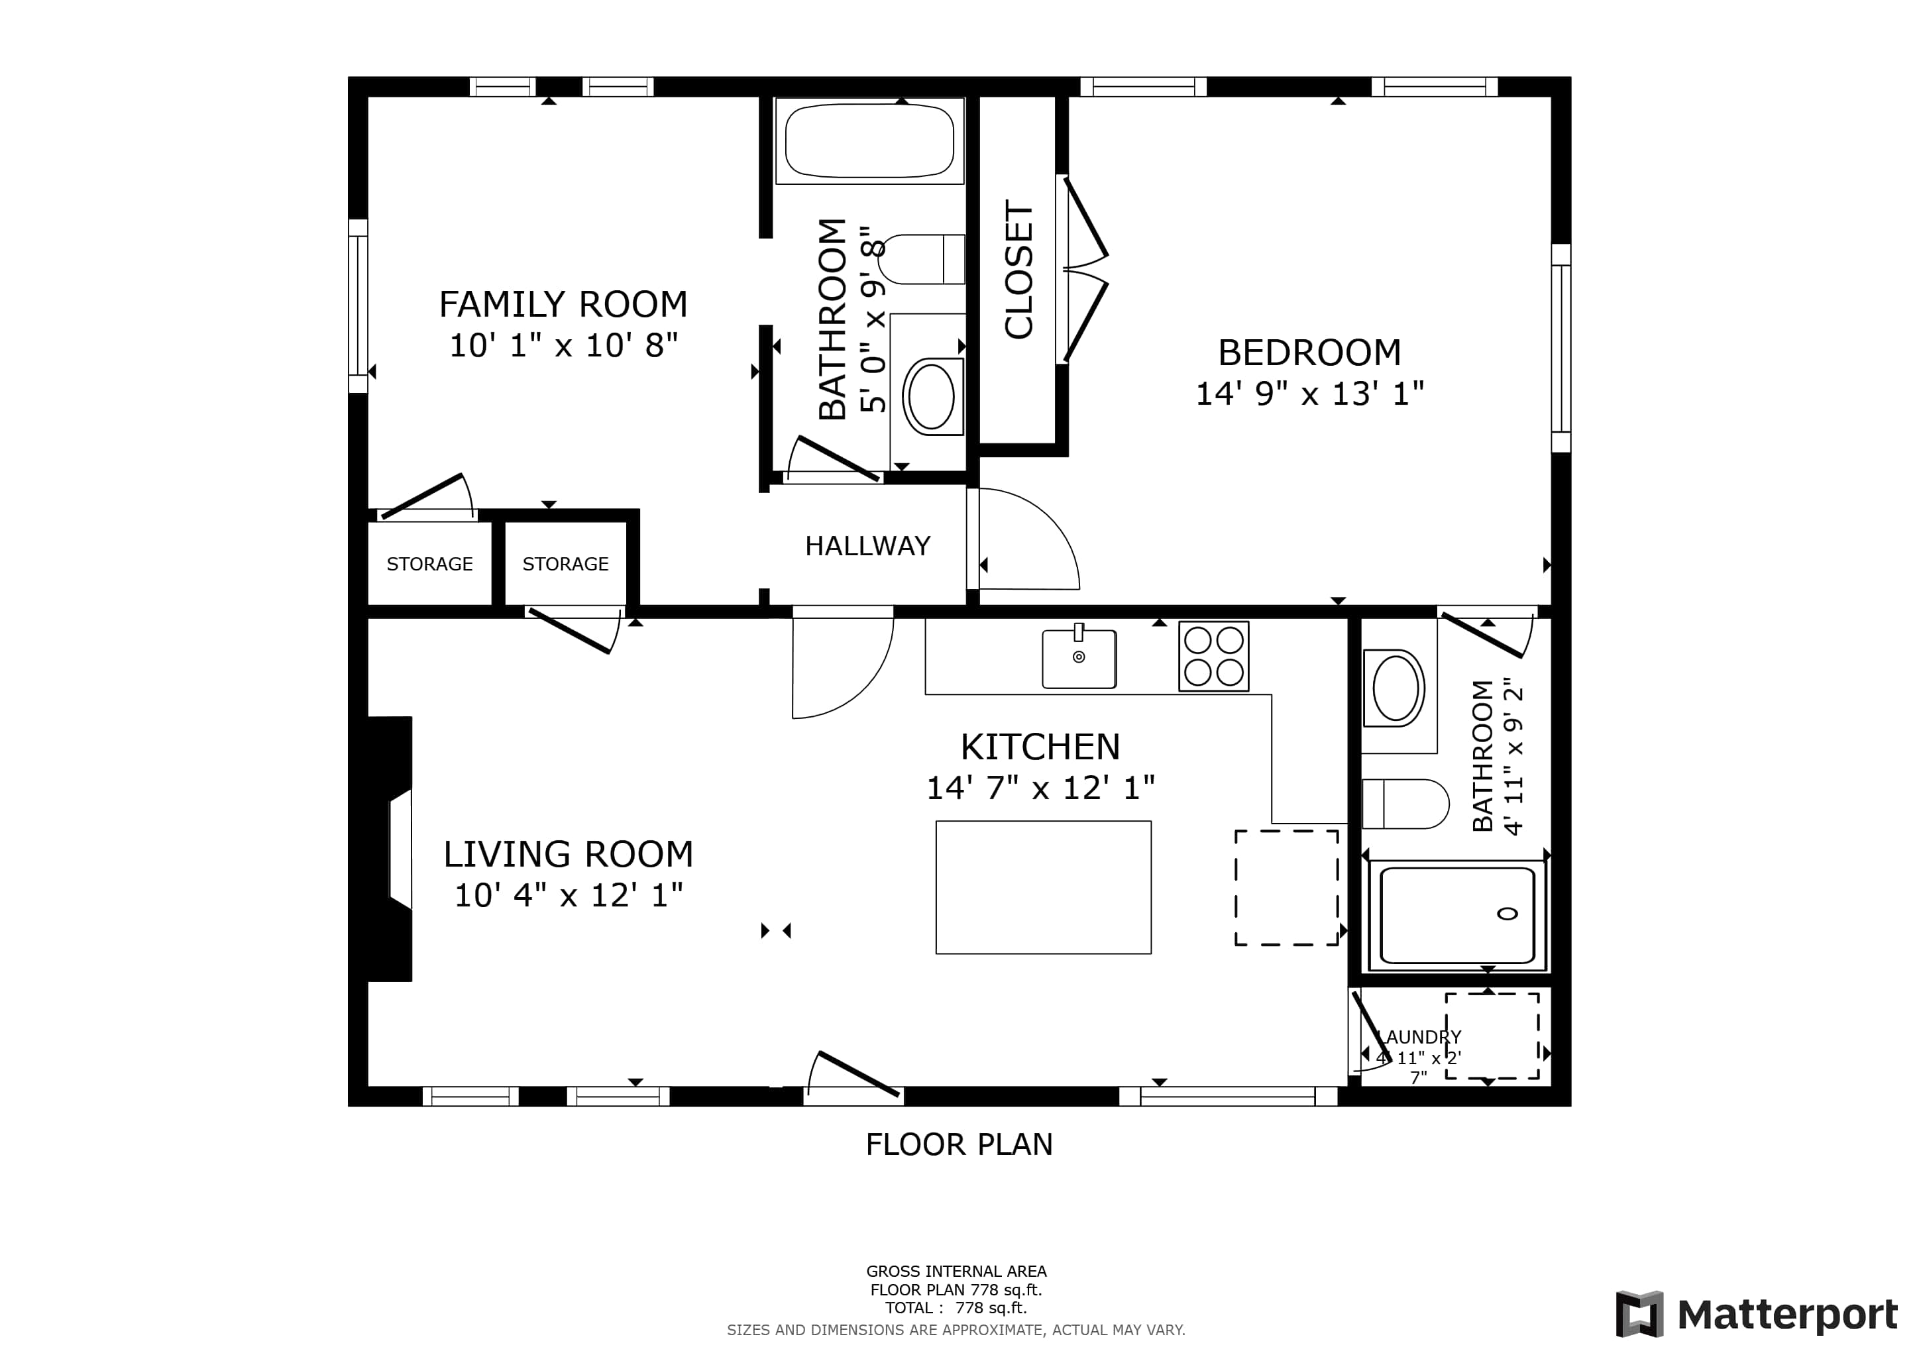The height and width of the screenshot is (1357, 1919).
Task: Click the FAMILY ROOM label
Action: click(x=563, y=304)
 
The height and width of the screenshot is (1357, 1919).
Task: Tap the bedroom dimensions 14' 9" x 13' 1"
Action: click(x=1309, y=394)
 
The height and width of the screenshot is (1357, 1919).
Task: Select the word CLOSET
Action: click(x=1019, y=270)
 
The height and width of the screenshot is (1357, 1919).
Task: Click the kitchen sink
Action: click(x=1079, y=659)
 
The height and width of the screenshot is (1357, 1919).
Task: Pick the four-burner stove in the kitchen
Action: click(x=1213, y=656)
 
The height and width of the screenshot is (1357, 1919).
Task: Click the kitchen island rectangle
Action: click(x=1043, y=887)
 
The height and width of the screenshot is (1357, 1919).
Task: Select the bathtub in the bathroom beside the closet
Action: click(x=869, y=140)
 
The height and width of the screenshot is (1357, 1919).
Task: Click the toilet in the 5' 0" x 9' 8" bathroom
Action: click(x=922, y=259)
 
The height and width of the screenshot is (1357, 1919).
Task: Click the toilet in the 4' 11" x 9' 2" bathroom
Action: click(x=1405, y=804)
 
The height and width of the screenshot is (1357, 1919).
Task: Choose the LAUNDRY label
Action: click(x=1419, y=1037)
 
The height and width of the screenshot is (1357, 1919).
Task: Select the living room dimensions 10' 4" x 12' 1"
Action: click(x=569, y=895)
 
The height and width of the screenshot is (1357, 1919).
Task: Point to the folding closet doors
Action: click(x=1083, y=269)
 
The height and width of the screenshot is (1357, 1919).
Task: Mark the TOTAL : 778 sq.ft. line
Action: click(x=956, y=1308)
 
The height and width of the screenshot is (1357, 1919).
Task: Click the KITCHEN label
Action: click(x=1040, y=747)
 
